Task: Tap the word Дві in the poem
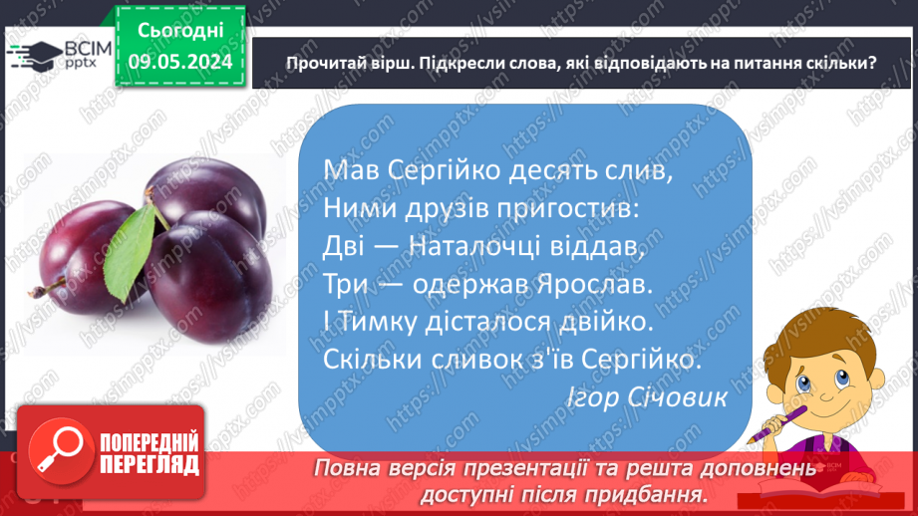click(347, 245)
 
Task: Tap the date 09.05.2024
click(179, 62)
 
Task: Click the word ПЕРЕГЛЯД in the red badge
click(148, 463)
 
